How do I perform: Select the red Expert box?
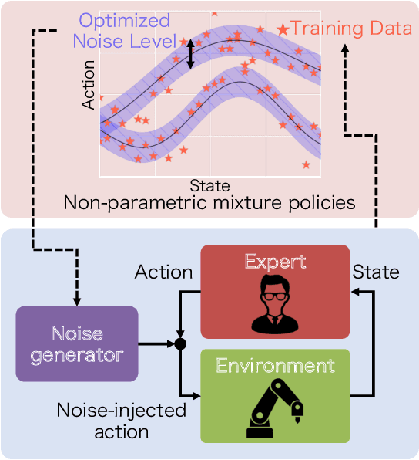click(x=274, y=292)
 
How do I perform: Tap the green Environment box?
click(x=274, y=395)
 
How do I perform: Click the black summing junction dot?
click(x=179, y=343)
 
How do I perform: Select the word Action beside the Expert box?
click(x=163, y=272)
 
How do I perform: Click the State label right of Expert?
click(x=376, y=272)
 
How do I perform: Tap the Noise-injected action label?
click(x=122, y=420)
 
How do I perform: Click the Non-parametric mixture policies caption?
click(x=209, y=203)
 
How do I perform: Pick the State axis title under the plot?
click(x=209, y=185)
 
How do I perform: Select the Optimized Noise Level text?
click(x=126, y=30)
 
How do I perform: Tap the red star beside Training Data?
click(x=283, y=29)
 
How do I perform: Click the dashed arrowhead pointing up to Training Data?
click(x=344, y=49)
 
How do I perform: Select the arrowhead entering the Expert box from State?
click(x=355, y=292)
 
